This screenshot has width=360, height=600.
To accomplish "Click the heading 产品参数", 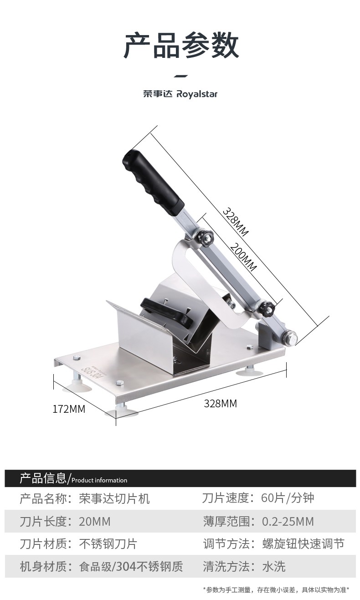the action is point(181,46).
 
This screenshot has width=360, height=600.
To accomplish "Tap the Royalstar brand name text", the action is point(197,94).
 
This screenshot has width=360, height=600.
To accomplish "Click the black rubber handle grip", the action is point(153,182).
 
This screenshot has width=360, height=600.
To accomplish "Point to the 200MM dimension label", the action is point(243,256).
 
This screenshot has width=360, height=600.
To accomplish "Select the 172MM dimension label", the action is point(69,409).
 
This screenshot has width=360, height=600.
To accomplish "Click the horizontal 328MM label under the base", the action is point(220,403).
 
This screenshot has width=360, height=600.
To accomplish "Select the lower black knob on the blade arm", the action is point(266,308).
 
